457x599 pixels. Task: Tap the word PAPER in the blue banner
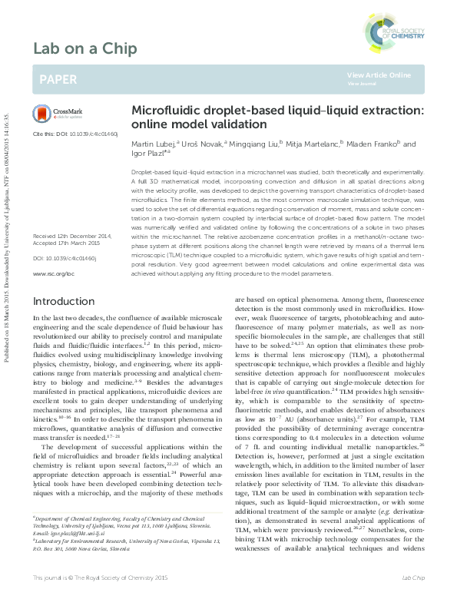click(58, 78)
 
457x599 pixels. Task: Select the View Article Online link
click(379, 74)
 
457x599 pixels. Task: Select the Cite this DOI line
click(75, 134)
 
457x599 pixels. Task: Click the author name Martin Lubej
click(152, 144)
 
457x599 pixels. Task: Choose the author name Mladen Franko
click(373, 144)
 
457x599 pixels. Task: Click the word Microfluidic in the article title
click(164, 111)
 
